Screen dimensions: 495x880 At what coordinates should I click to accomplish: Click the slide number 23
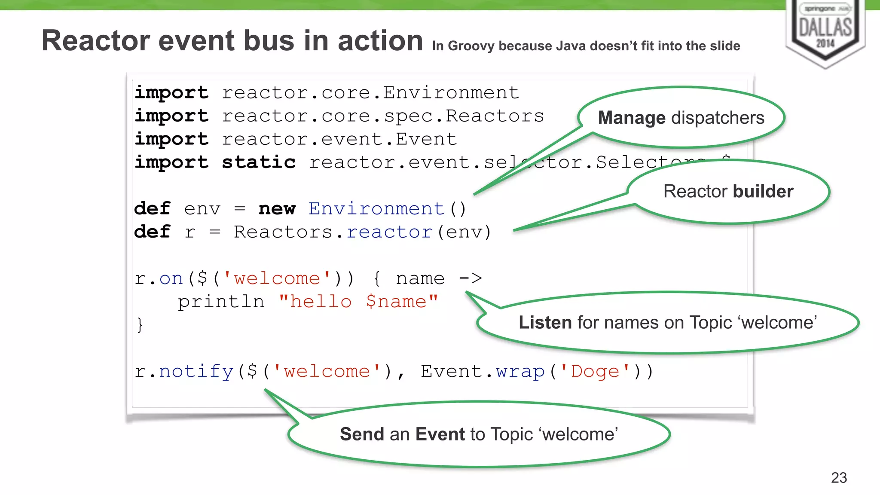tap(839, 477)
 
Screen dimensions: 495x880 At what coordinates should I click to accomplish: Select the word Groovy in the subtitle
tap(471, 46)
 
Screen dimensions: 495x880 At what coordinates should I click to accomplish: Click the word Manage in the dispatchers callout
tap(631, 118)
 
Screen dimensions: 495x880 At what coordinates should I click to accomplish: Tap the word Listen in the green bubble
tap(545, 322)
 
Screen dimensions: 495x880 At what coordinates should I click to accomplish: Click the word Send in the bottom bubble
tap(362, 434)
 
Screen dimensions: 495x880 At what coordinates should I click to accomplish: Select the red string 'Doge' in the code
tap(595, 371)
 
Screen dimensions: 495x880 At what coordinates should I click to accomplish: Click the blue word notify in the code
tap(196, 371)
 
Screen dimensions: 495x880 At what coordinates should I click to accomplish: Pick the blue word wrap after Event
tap(520, 371)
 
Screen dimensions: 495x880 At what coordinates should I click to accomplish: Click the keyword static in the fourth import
tap(259, 162)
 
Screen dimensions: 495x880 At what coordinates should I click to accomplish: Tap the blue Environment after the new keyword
tap(376, 209)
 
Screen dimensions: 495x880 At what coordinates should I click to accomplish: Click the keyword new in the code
tap(277, 209)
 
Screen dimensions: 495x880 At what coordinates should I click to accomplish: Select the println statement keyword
tap(221, 302)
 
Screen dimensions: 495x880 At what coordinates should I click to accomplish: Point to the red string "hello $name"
tap(358, 302)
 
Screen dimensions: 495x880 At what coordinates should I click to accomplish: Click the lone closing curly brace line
tap(140, 325)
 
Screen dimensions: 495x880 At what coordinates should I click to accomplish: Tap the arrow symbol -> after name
tap(471, 278)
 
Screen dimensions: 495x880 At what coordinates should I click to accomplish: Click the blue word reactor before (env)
tap(389, 232)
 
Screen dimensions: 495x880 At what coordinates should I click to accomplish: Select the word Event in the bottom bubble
tap(440, 434)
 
